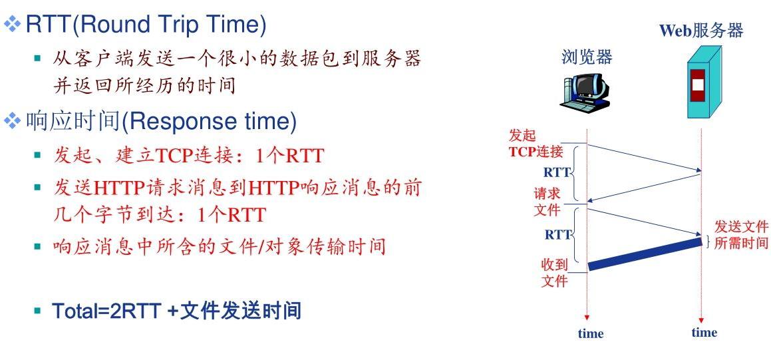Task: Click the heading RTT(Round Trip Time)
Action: coord(146,25)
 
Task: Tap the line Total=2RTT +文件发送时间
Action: coord(176,310)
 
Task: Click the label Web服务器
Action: coord(700,30)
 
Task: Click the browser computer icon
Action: coord(584,92)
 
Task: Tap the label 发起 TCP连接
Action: coord(536,143)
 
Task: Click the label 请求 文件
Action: coord(547,202)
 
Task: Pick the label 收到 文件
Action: coord(553,273)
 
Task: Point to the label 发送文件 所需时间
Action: coord(740,234)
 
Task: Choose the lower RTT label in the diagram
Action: coord(557,234)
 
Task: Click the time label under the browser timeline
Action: coord(590,333)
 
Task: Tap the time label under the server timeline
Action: coord(704,332)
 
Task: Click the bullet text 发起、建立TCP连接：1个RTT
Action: coord(188,156)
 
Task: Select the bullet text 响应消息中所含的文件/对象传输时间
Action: coord(219,247)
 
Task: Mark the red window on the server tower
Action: coord(696,85)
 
